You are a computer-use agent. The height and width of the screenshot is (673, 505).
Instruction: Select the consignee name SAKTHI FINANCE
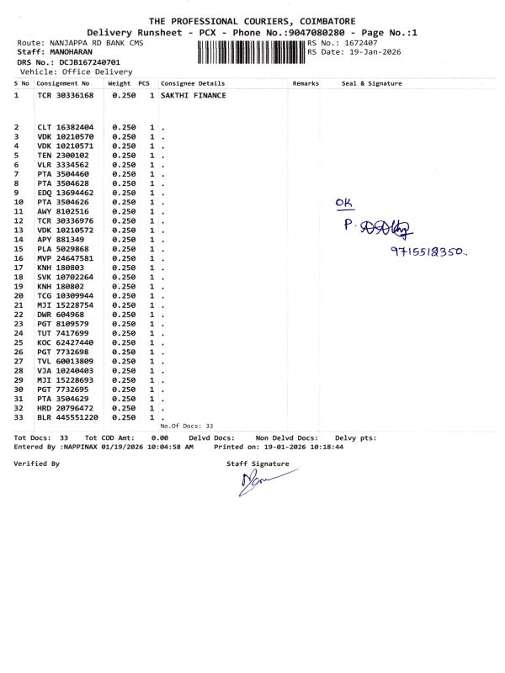point(192,96)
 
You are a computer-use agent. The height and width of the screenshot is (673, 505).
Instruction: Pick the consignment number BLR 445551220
point(67,417)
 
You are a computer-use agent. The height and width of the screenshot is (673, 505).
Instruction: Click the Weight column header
point(119,83)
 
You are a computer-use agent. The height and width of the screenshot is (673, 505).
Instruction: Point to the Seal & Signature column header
point(371,83)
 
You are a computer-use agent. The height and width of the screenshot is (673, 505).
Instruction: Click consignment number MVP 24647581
point(65,258)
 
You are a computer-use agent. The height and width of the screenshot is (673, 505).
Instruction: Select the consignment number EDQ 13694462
point(65,193)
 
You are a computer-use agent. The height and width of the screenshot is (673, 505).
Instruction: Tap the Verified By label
point(37,464)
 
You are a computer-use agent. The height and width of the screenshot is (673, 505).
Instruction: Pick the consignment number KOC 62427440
point(65,342)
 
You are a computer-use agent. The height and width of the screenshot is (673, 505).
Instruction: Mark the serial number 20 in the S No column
point(18,296)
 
